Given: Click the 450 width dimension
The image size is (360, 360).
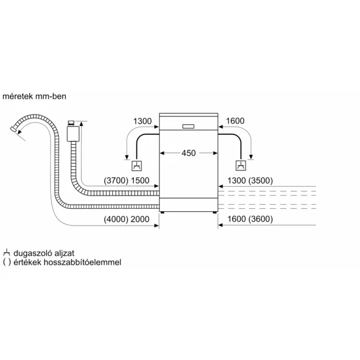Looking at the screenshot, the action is [x=188, y=153].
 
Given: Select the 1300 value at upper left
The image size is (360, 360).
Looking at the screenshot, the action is [x=142, y=121].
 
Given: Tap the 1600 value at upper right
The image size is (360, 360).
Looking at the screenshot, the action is [x=235, y=121].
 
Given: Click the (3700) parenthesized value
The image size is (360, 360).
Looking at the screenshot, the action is [x=116, y=181].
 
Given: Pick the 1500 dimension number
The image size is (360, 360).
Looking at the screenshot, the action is [x=140, y=181].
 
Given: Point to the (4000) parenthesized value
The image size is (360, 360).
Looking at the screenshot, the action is [x=116, y=219].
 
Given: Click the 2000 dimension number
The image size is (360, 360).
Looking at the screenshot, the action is [x=140, y=219].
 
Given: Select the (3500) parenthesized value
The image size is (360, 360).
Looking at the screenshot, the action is [x=260, y=181].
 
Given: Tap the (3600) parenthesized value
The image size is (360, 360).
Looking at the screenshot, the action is [x=260, y=219].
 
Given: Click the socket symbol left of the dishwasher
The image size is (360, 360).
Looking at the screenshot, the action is [x=137, y=166].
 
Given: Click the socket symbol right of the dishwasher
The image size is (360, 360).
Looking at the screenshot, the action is [x=241, y=166].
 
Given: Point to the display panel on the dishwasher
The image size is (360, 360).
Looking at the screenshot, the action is [x=188, y=126].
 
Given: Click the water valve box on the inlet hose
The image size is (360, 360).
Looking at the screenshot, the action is [x=73, y=133].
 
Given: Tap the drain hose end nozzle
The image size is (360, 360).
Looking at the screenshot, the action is [x=14, y=129].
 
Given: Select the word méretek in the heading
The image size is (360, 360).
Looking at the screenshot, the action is [x=17, y=96].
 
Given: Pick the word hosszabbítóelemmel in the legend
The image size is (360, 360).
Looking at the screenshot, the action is [x=82, y=262].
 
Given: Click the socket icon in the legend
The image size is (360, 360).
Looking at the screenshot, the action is [x=7, y=253].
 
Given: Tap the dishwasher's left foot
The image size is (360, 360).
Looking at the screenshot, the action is [x=163, y=212].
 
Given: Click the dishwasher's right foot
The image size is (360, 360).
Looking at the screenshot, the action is [x=215, y=212].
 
